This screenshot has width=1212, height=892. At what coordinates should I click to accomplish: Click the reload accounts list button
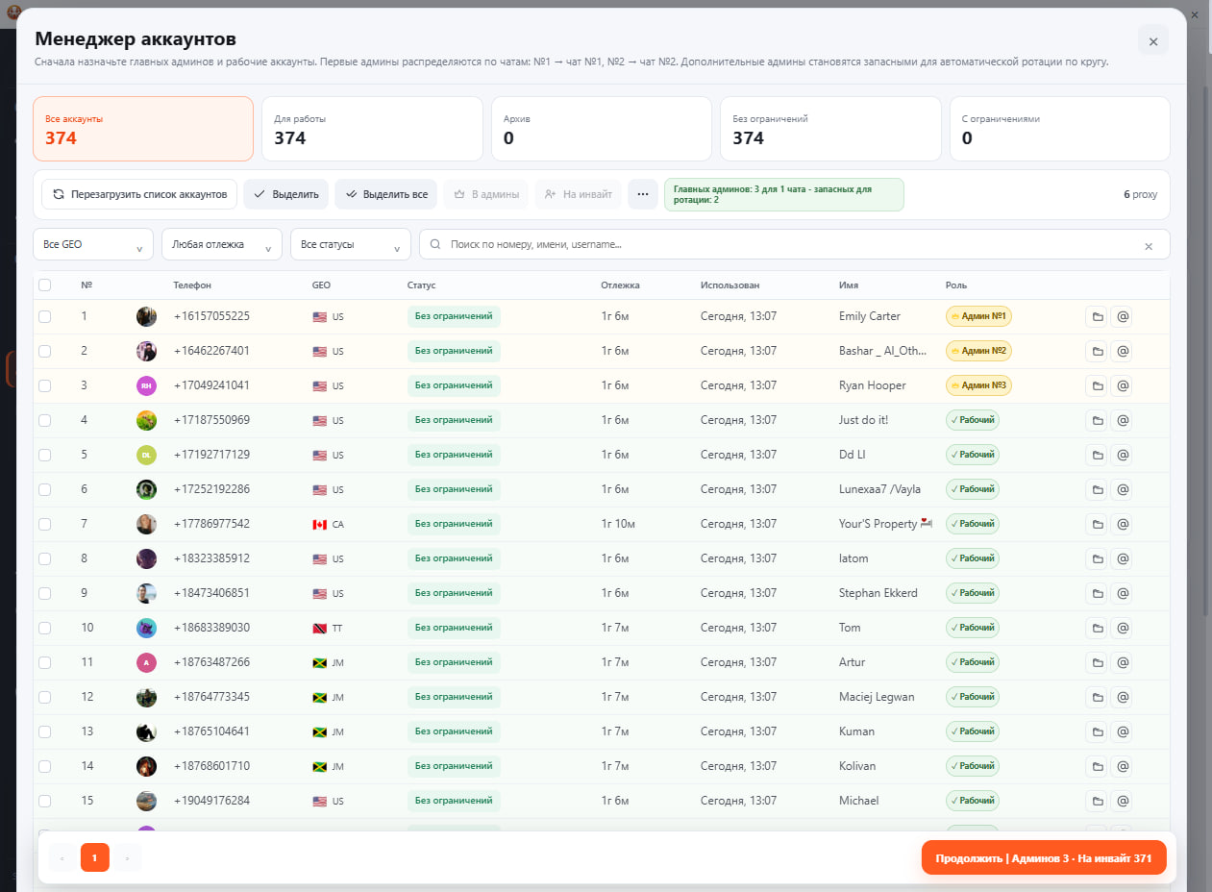[x=139, y=194]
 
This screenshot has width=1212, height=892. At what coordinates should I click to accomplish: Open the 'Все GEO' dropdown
[x=93, y=245]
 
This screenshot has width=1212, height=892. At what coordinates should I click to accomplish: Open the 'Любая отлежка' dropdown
[x=222, y=245]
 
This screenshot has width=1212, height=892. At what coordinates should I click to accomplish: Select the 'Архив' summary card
[x=601, y=129]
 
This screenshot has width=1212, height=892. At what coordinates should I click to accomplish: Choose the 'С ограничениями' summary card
[x=1059, y=129]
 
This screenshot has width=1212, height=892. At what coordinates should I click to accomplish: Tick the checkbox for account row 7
[x=45, y=524]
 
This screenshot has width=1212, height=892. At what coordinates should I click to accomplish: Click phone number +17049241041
[x=211, y=385]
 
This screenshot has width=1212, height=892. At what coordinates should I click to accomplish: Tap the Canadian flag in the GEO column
[x=320, y=525]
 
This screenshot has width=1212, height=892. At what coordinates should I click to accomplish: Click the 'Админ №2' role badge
[x=978, y=351]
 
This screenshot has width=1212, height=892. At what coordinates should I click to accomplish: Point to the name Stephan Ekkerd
[x=878, y=593]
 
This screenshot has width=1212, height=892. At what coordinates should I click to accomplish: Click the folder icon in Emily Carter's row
[x=1098, y=316]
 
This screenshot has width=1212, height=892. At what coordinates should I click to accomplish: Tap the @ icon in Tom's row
[x=1123, y=628]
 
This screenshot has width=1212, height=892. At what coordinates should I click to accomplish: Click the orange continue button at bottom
[x=1044, y=858]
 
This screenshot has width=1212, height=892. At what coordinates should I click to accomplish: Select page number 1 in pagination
[x=95, y=858]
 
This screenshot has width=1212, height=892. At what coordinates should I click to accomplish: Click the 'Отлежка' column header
[x=620, y=285]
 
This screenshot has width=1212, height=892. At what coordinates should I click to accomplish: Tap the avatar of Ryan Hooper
[x=146, y=385]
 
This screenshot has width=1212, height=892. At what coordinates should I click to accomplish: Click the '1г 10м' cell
[x=618, y=524]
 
